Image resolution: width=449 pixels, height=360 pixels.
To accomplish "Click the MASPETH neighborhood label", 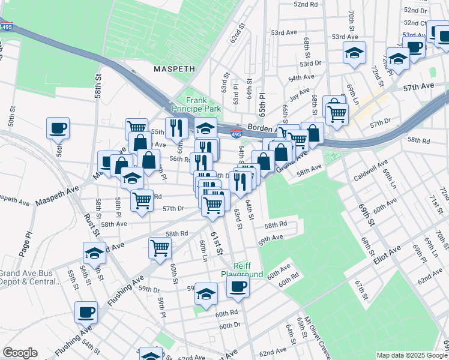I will [174, 69].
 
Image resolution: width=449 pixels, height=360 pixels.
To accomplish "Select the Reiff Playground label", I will [242, 269].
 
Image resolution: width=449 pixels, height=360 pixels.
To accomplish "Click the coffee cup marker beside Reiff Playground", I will [238, 286].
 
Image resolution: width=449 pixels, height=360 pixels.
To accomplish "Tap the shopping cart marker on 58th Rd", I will [160, 247].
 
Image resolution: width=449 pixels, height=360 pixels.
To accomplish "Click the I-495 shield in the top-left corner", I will [7, 27].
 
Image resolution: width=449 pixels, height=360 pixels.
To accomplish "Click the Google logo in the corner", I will [20, 353].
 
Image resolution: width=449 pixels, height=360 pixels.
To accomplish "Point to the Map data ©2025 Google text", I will [412, 355].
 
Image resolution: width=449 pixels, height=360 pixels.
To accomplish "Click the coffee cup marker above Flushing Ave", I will [86, 311].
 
